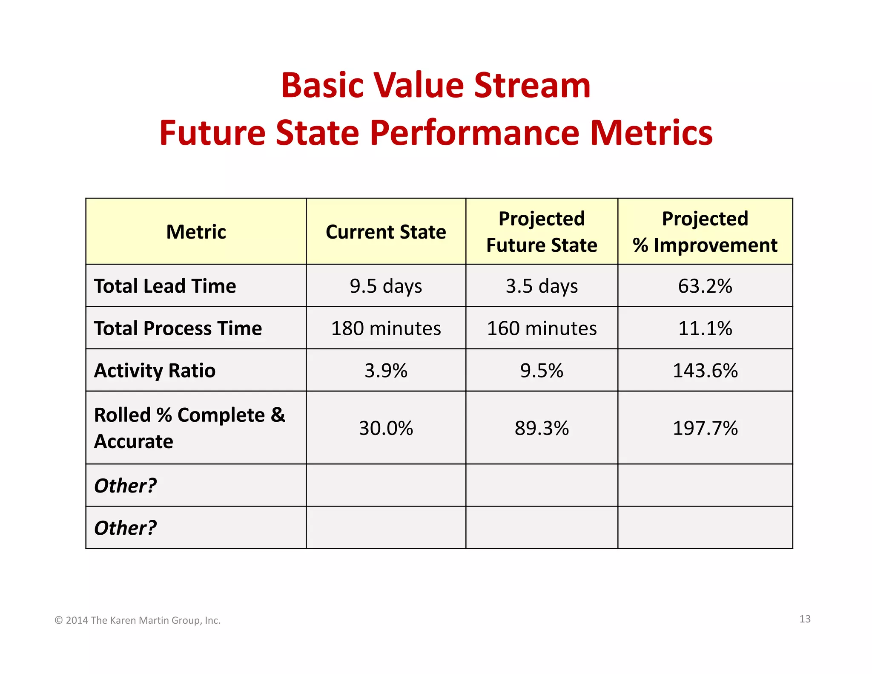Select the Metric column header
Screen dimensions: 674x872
196,232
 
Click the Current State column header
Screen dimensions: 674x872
386,232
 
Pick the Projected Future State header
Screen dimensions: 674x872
542,232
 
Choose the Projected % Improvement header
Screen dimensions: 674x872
705,232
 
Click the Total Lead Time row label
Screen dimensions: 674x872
165,286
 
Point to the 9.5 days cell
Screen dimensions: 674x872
386,286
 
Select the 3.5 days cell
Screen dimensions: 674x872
542,286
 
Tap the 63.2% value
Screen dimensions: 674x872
705,286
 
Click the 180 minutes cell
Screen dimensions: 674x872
386,328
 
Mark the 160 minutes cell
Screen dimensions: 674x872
542,328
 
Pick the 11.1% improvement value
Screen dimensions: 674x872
705,328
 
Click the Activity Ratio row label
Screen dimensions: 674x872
155,370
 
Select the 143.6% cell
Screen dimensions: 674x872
705,370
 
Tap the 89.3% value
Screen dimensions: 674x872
542,428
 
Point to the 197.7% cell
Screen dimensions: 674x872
705,428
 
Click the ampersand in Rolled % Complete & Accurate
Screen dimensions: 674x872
278,415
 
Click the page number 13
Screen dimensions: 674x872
805,619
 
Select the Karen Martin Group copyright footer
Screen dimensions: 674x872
138,620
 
